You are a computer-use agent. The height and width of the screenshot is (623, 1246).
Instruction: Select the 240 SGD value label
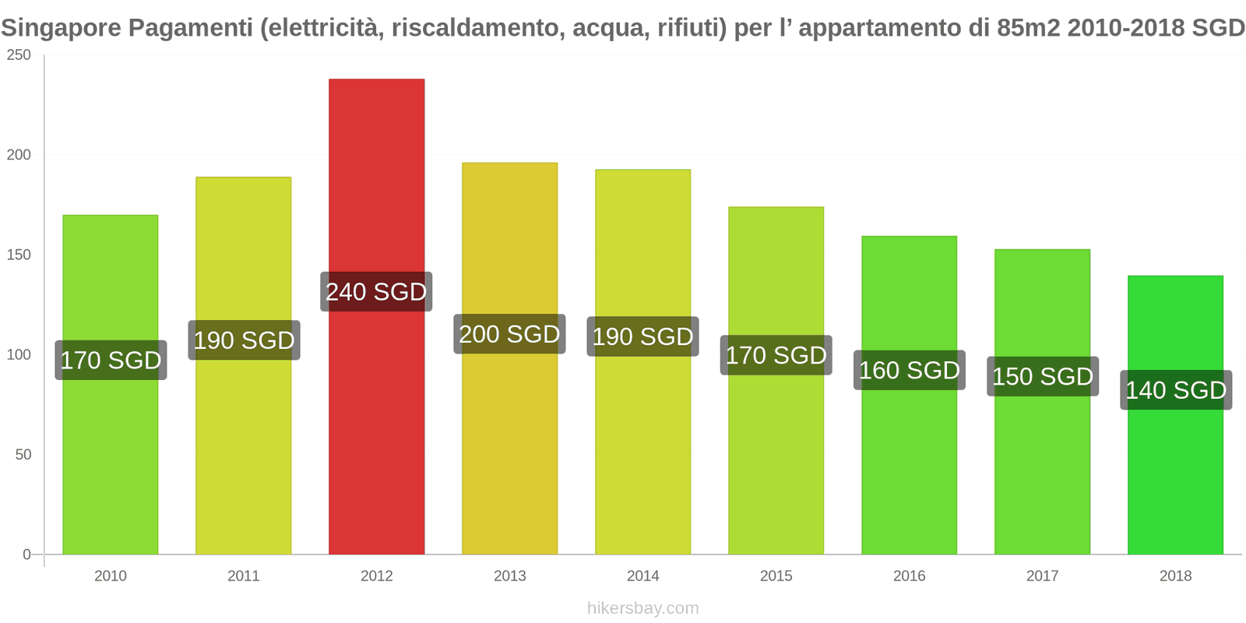click(x=376, y=292)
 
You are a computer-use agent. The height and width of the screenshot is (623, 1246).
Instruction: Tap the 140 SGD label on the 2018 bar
click(x=1176, y=390)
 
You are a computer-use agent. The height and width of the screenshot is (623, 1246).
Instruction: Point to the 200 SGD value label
click(x=509, y=334)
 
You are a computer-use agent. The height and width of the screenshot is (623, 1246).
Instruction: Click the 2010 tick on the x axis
click(x=110, y=576)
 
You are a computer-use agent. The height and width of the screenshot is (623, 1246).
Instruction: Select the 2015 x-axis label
click(x=776, y=576)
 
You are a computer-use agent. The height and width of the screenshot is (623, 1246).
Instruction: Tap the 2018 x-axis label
click(x=1175, y=576)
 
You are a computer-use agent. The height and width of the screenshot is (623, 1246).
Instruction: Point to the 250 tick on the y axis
click(x=19, y=55)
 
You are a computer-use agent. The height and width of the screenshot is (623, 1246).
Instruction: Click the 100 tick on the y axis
click(x=19, y=355)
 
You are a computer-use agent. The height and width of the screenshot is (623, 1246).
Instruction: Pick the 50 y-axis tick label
click(x=23, y=455)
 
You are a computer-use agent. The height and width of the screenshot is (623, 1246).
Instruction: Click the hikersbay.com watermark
click(x=642, y=608)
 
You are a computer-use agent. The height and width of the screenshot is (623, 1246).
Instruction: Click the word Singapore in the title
click(x=62, y=28)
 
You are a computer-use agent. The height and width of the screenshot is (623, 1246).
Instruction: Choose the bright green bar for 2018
click(x=1175, y=483)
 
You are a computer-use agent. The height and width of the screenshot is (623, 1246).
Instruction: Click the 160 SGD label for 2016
click(x=909, y=371)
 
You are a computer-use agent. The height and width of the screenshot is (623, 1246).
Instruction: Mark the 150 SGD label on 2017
click(x=1042, y=377)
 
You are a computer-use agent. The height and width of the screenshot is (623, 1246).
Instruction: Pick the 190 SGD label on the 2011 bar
click(x=244, y=340)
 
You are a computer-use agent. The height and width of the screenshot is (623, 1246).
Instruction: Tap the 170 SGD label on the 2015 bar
click(x=776, y=355)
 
